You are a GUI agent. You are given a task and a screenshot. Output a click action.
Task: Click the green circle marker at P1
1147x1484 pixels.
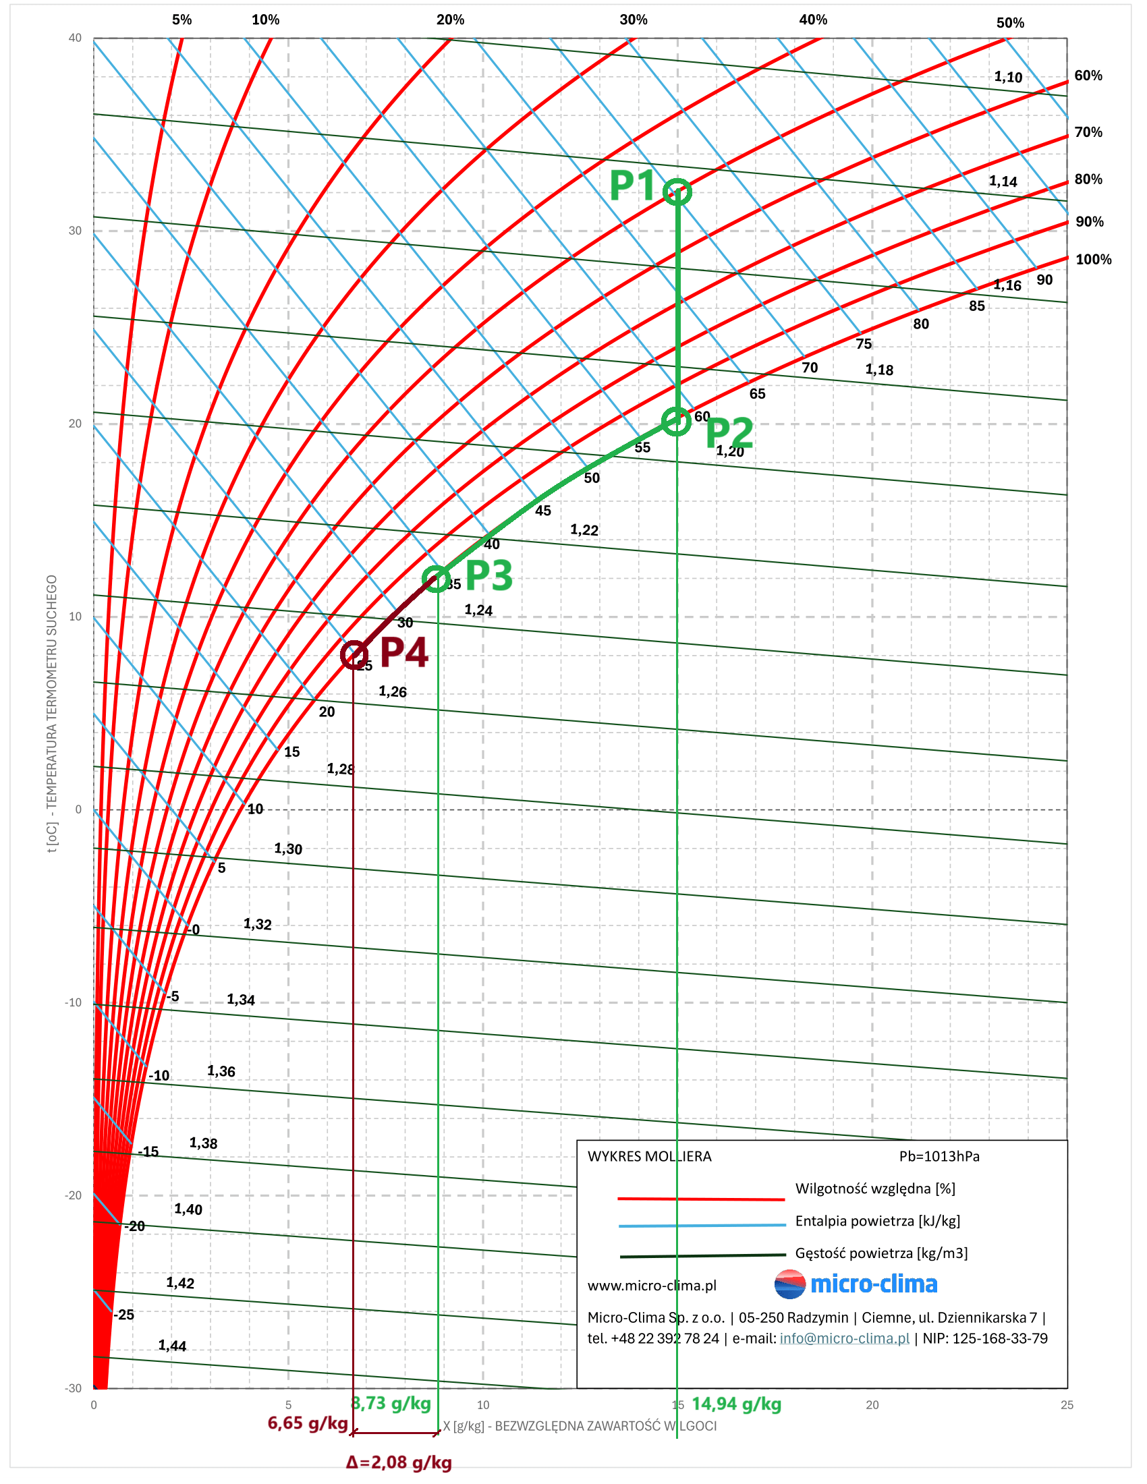[677, 192]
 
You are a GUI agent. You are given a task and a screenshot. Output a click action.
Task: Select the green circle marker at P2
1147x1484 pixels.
[676, 422]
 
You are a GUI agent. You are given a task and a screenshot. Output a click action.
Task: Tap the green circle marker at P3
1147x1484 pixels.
[437, 579]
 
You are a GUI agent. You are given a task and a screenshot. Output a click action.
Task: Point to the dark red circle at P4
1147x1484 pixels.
[354, 655]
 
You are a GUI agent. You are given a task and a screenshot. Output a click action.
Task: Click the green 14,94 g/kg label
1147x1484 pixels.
[736, 1404]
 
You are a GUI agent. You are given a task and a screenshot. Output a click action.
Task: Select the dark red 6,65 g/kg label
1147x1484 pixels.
[307, 1423]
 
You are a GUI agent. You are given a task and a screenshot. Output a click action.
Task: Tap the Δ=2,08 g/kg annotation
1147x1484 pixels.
[399, 1462]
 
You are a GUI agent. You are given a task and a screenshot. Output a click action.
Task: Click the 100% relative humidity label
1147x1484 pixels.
[1093, 260]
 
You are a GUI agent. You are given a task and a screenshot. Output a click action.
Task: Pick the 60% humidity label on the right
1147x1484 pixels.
[1088, 76]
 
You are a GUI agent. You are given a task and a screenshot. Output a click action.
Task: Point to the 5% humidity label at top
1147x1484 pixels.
[181, 20]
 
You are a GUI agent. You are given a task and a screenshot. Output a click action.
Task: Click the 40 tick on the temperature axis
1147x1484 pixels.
[75, 38]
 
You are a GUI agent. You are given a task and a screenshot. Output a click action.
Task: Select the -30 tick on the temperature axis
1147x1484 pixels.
[74, 1388]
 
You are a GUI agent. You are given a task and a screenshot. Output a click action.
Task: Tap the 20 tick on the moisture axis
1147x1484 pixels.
[872, 1404]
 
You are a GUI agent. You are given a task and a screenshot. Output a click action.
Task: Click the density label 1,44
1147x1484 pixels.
[172, 1346]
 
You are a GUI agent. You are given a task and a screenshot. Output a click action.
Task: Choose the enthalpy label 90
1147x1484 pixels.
[1044, 280]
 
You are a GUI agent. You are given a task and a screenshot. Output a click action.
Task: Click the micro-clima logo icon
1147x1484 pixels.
[789, 1284]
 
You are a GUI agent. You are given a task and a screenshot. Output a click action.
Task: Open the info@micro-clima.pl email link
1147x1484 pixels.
[844, 1338]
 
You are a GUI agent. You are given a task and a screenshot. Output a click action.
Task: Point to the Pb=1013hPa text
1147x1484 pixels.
[939, 1155]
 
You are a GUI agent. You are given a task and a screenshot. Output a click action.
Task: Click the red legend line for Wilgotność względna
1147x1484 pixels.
[700, 1199]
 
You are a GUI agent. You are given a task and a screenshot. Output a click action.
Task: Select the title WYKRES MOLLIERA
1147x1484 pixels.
[649, 1155]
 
